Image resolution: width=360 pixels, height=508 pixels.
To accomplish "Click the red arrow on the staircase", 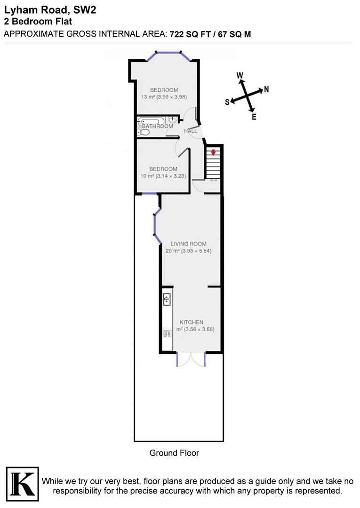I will tap(213, 152).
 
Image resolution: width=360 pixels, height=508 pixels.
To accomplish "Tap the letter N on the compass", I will tap(266, 89).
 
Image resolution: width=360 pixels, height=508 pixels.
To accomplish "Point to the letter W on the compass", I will tap(240, 75).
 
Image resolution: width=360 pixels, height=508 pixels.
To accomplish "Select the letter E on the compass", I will tap(254, 117).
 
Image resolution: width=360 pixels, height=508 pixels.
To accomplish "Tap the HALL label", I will tap(191, 131).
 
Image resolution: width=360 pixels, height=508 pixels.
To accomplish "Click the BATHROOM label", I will tap(158, 126).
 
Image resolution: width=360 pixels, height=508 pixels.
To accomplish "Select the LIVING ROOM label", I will tap(189, 244).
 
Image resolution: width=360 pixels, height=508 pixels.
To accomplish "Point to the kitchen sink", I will tap(167, 300).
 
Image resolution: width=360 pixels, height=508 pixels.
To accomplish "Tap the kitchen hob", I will tap(167, 333).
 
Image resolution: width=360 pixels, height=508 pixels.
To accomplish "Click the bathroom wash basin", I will tap(174, 119).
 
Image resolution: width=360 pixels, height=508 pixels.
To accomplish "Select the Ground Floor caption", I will tap(174, 453).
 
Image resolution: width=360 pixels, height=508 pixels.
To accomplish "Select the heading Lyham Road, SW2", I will tap(49, 10).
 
